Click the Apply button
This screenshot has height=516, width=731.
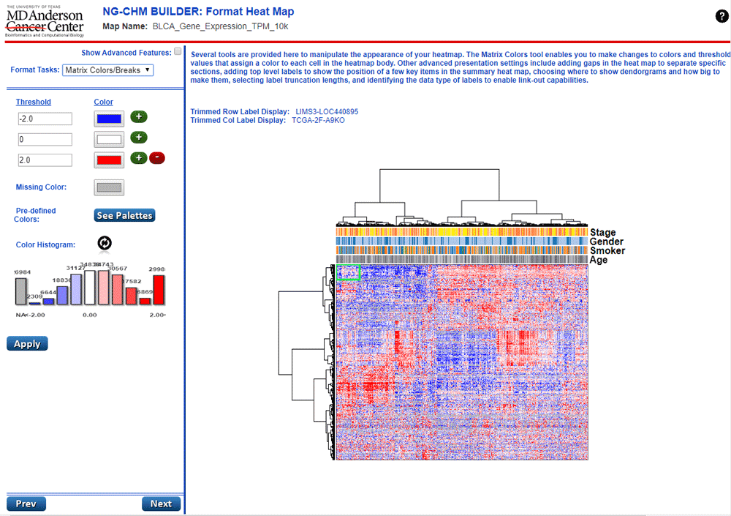27,343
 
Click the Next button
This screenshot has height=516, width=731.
161,504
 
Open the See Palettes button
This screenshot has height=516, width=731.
124,215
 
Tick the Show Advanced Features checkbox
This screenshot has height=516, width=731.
178,52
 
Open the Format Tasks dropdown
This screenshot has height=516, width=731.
107,70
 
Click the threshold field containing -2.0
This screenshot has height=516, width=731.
45,119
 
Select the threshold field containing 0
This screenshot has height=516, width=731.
45,139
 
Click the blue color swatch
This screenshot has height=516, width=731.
109,118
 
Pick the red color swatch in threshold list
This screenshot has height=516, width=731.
109,160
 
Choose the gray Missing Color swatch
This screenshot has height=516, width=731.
109,187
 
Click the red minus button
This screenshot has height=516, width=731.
156,158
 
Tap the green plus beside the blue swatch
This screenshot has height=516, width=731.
139,117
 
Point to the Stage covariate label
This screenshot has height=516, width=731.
603,233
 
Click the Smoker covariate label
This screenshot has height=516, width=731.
607,251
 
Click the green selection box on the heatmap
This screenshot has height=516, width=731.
349,272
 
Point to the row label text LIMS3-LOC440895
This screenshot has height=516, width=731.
327,111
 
